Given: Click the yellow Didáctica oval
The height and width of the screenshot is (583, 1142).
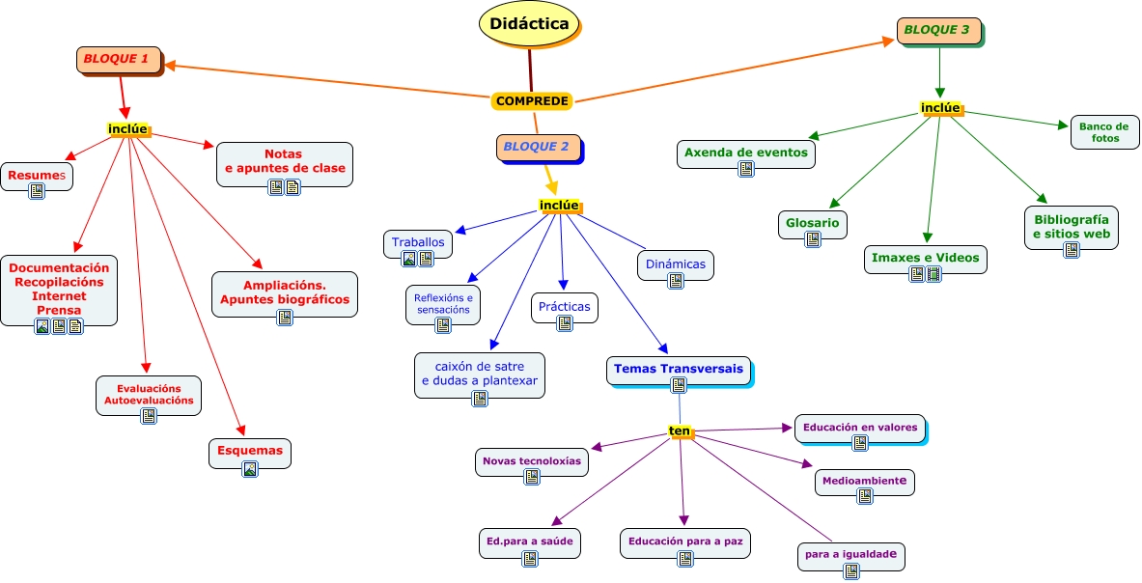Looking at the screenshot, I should [529, 24].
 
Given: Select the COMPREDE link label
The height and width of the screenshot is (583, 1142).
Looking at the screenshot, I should [533, 100].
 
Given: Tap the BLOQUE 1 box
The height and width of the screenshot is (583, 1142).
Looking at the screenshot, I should [118, 59].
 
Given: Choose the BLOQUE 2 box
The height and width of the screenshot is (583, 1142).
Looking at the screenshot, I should [538, 147].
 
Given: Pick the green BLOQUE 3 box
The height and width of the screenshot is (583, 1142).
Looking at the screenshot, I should [937, 30].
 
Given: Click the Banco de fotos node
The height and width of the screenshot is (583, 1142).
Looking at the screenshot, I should [1103, 132].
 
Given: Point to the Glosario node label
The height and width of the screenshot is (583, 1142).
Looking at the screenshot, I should [812, 223].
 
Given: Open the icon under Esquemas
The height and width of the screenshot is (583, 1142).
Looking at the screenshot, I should [250, 469].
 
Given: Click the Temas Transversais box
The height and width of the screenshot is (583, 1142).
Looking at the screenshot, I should [679, 369].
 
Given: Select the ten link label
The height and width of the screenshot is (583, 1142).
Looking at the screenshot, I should [681, 431].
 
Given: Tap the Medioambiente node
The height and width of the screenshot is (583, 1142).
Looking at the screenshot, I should [864, 480].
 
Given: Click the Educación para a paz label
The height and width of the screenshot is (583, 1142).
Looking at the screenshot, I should [683, 541].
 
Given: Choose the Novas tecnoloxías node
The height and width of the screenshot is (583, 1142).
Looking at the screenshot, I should [532, 460].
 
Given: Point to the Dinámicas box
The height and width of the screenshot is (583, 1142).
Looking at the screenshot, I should [676, 264].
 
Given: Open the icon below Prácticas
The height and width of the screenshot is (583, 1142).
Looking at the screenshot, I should [565, 323].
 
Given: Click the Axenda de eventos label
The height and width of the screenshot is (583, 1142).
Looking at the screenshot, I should [745, 152].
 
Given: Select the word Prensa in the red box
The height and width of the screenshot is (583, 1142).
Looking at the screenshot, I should [59, 310].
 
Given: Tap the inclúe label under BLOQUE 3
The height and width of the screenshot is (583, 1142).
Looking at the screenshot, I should [939, 107].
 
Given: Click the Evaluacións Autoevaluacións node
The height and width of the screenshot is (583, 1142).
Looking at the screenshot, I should [149, 394].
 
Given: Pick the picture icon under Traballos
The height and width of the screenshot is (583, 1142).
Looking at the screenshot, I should [409, 259].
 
